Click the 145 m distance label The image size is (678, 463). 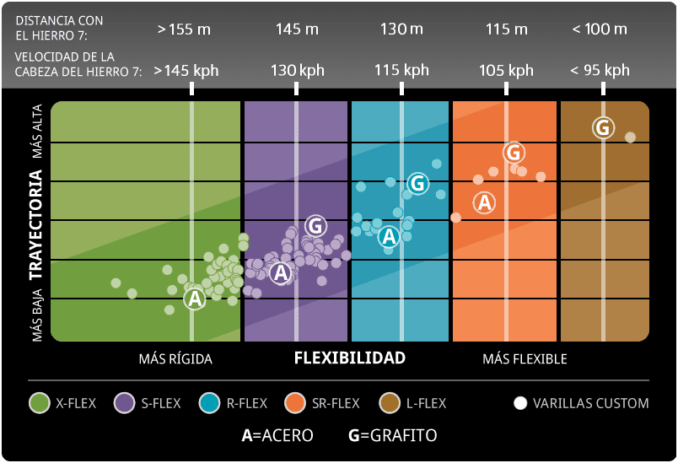click(x=297, y=29)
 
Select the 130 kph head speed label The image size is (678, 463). click(x=297, y=71)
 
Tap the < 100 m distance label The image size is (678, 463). click(x=599, y=29)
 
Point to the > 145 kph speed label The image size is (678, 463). click(x=186, y=71)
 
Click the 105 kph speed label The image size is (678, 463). click(x=506, y=71)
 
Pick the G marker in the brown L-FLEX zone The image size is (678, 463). click(x=602, y=127)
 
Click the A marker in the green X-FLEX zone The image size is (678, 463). click(x=195, y=299)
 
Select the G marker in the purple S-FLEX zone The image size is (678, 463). click(x=315, y=225)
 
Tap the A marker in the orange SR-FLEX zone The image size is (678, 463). click(x=484, y=202)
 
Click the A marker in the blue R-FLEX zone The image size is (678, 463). click(x=389, y=236)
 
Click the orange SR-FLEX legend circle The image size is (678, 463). click(x=296, y=403)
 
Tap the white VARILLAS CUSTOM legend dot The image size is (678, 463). click(x=520, y=403)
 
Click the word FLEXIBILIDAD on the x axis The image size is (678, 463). click(x=349, y=358)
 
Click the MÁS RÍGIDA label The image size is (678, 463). click(x=175, y=358)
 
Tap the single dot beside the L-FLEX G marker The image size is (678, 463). click(x=630, y=137)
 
